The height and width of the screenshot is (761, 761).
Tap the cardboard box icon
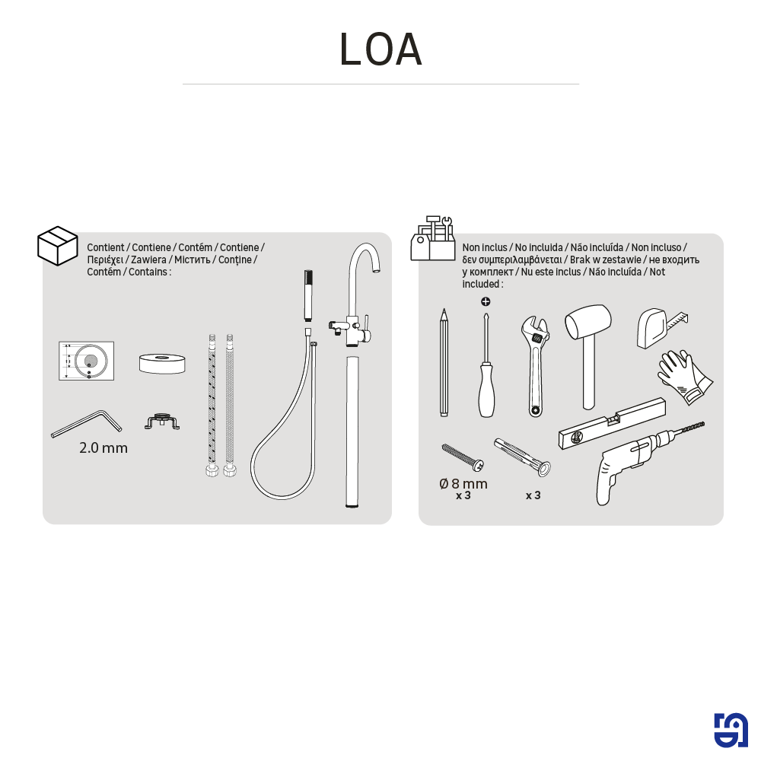pos(58,246)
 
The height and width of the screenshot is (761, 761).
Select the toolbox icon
pos(433,238)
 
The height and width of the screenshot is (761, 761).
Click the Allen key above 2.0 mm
pos(87,424)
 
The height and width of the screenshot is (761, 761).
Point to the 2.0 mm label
pos(103,447)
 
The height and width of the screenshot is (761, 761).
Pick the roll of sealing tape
pos(162,364)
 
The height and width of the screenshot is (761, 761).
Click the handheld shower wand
pos(308,295)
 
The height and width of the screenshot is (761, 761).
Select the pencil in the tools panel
pos(444,362)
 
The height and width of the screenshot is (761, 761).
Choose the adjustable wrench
pos(535,366)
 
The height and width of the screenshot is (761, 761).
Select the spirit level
pos(612,423)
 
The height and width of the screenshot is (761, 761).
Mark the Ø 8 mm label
pos(463,483)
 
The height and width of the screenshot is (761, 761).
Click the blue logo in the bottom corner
pos(731,730)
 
